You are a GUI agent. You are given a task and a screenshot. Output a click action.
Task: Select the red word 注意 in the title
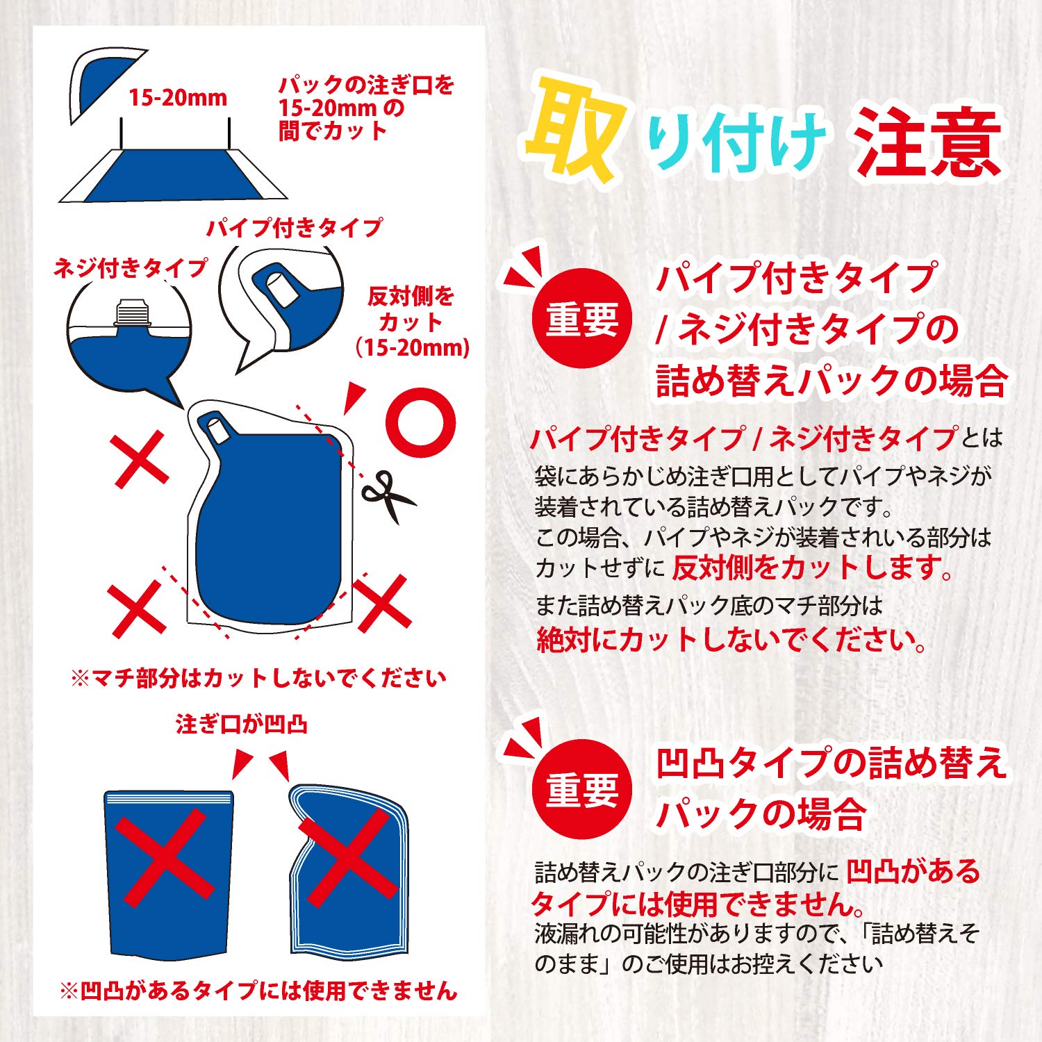pos(928,142)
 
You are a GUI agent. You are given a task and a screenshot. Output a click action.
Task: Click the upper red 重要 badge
pos(581,319)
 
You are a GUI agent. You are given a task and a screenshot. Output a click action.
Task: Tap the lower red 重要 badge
pos(581,790)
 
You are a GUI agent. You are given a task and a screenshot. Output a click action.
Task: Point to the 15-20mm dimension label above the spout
pos(178,98)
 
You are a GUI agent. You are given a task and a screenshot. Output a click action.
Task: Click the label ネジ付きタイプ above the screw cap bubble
pos(131,267)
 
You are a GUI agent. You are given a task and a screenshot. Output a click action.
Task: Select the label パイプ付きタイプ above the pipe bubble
pos(294,227)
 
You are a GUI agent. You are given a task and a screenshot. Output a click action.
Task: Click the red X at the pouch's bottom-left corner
pos(138,609)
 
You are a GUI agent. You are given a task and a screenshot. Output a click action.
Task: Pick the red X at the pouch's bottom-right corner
pos(383,602)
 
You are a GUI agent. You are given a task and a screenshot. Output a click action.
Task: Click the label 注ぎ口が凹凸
pos(241,725)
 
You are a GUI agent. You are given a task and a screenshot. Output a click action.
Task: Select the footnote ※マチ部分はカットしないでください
pos(258,677)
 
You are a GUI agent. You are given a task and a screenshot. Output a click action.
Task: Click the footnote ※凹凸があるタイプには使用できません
pos(258,990)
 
